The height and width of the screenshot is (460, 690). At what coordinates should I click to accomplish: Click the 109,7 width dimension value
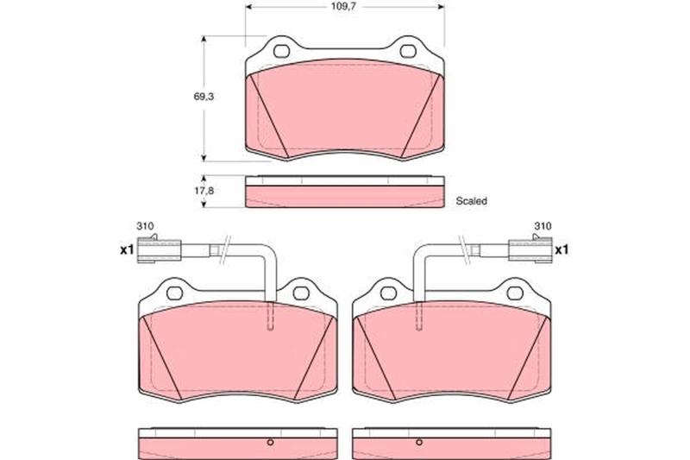342,7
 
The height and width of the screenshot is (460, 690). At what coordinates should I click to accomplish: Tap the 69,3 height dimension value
204,97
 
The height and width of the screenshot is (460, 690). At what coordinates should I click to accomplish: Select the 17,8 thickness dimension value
204,191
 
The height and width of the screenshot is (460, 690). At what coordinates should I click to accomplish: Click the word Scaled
471,201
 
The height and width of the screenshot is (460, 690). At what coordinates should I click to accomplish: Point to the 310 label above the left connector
145,226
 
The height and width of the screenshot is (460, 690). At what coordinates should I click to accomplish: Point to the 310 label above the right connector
543,226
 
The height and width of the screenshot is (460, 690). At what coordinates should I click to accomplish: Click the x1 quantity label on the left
127,250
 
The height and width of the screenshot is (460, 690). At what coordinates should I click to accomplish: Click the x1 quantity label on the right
561,250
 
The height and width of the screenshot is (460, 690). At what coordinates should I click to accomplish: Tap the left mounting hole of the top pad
282,52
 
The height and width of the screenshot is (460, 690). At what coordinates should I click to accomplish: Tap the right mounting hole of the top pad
408,52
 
